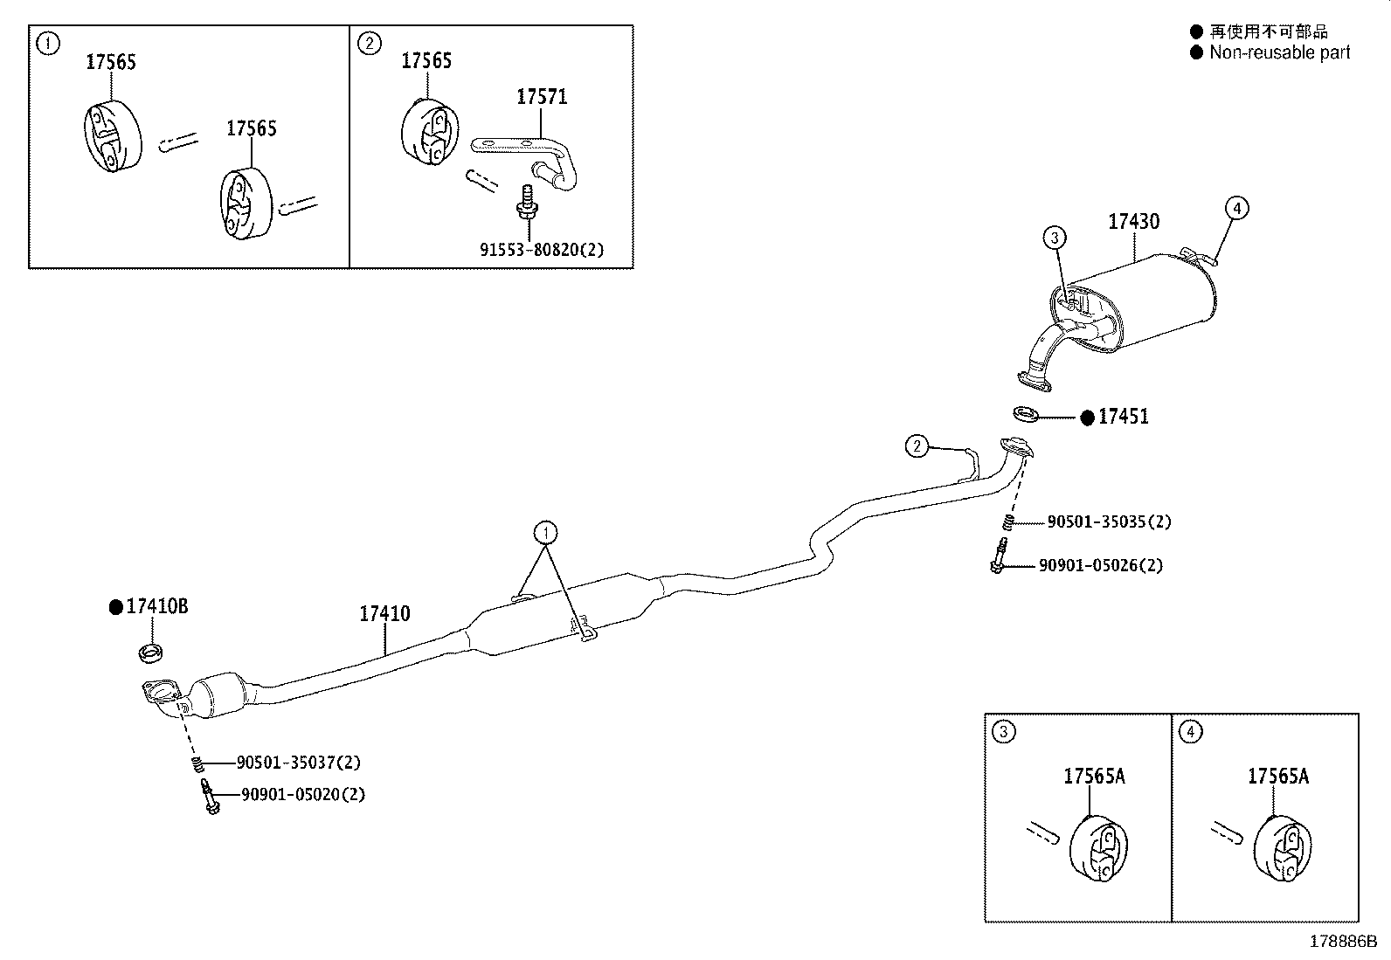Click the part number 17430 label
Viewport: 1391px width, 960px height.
tap(1133, 222)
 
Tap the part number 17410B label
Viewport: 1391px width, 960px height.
tap(156, 606)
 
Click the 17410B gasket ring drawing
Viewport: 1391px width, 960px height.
tap(153, 651)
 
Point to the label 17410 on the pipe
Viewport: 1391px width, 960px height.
tap(384, 614)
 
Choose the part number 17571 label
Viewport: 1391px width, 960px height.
tap(541, 97)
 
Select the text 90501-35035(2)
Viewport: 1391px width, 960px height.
tap(1109, 522)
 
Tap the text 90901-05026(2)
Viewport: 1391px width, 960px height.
tap(1100, 566)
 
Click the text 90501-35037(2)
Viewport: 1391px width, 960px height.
tap(298, 763)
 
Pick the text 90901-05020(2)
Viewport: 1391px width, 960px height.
tap(302, 795)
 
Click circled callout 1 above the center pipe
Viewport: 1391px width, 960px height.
tap(546, 532)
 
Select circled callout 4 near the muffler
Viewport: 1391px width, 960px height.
tap(1235, 208)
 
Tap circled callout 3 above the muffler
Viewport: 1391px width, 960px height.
tap(1055, 238)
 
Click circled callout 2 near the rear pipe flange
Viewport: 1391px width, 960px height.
tap(916, 446)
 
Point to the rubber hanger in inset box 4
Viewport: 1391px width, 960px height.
tap(1282, 846)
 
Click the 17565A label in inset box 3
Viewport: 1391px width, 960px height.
tap(1094, 776)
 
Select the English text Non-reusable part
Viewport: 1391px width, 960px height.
tap(1279, 52)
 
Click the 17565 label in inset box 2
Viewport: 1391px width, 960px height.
tap(426, 60)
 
